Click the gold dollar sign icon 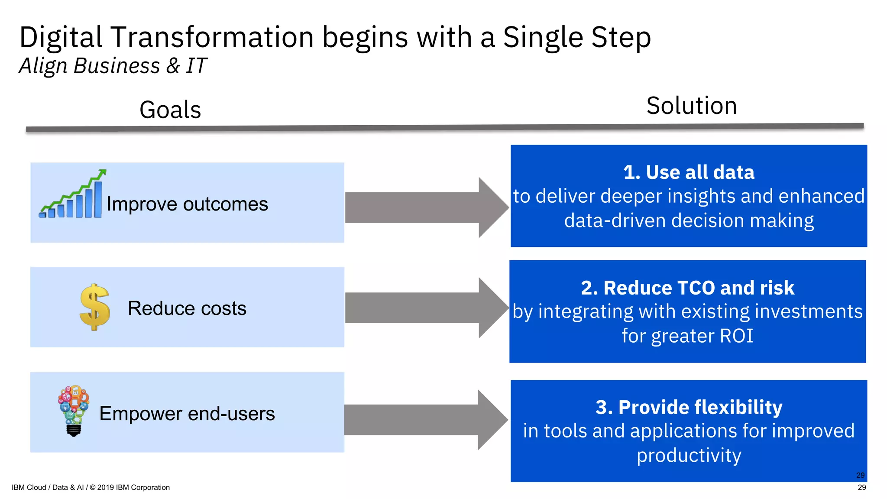(x=95, y=307)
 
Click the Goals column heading (x=170, y=110)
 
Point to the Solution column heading (x=691, y=106)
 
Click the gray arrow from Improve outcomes (x=427, y=207)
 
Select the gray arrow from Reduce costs (x=427, y=308)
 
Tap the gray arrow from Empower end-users (x=426, y=420)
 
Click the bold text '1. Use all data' (x=689, y=172)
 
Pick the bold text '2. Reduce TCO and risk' (x=687, y=288)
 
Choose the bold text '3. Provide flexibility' (x=689, y=407)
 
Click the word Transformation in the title (x=212, y=37)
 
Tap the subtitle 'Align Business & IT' (x=113, y=66)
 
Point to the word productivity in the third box (x=689, y=456)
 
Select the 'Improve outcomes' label (x=187, y=204)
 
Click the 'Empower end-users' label (x=187, y=414)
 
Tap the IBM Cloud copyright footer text (x=91, y=487)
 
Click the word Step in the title (x=621, y=37)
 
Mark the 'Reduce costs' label (x=187, y=308)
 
